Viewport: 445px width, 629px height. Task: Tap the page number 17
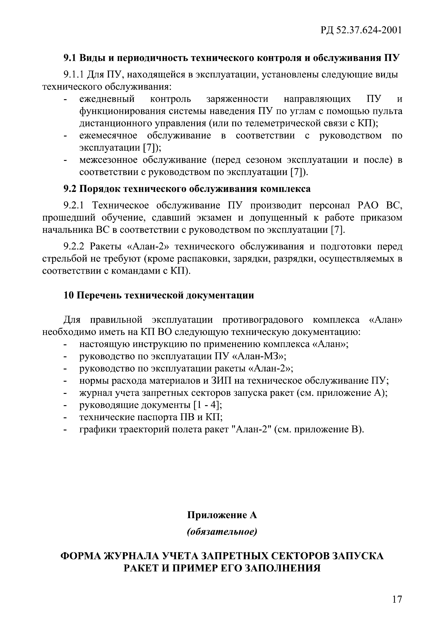click(397, 599)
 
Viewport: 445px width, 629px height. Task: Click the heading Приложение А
click(222, 515)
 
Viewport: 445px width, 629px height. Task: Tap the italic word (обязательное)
click(222, 532)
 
